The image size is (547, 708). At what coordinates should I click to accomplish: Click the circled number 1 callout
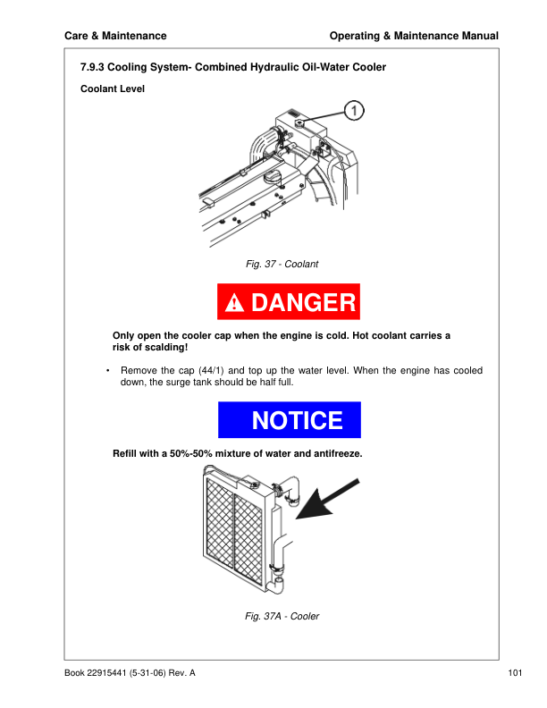(354, 111)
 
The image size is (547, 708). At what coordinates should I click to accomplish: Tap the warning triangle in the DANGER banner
(234, 302)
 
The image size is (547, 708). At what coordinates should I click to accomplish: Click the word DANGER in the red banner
(304, 302)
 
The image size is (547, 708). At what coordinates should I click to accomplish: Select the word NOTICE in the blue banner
(298, 420)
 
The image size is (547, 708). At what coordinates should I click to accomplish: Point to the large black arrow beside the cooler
(327, 499)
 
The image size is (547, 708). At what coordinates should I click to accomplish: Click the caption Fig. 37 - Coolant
(282, 264)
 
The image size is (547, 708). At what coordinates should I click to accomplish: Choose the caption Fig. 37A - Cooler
(282, 616)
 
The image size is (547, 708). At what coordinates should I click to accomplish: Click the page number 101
(515, 673)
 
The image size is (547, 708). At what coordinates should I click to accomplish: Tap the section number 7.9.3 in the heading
(92, 67)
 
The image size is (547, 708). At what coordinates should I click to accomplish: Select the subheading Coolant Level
(113, 88)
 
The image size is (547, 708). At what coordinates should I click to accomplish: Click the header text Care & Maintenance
(115, 36)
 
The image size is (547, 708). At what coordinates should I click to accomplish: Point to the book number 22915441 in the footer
(106, 673)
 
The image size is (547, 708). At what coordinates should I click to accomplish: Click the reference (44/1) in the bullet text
(211, 370)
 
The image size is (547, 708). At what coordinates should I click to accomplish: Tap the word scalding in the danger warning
(170, 347)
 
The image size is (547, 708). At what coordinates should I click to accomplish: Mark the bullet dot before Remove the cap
(108, 371)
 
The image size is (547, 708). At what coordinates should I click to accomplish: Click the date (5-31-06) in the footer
(147, 673)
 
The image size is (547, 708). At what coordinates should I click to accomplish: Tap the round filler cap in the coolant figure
(272, 178)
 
